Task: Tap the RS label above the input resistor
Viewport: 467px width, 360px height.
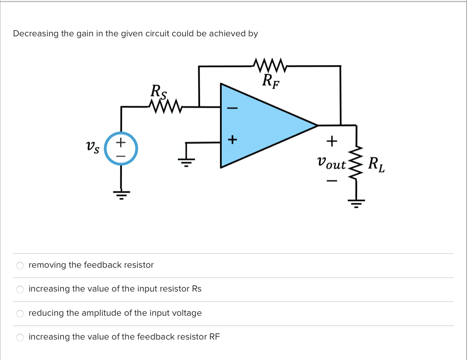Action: [x=158, y=91]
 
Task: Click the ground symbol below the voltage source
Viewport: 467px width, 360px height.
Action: [x=121, y=194]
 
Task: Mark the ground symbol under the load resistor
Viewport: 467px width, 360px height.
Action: [x=356, y=203]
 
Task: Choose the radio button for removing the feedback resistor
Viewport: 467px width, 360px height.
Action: [x=20, y=265]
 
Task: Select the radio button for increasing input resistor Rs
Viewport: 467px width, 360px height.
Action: [x=20, y=289]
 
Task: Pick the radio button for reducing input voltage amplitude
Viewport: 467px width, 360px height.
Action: [x=20, y=313]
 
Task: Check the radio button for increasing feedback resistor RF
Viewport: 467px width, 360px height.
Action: [x=20, y=337]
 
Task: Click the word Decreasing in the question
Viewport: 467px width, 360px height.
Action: [x=36, y=34]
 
